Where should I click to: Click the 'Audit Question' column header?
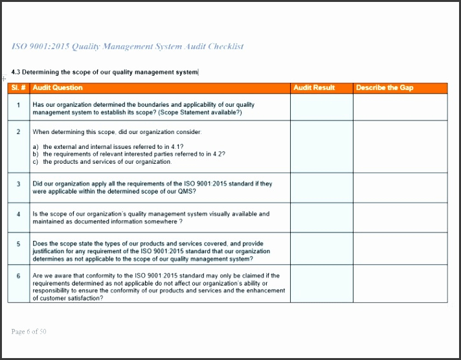pyautogui.click(x=58, y=87)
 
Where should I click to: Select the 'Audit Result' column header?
pyautogui.click(x=314, y=87)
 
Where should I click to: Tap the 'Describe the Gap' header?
pyautogui.click(x=385, y=87)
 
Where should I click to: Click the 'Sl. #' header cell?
pyautogui.click(x=18, y=87)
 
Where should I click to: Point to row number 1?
pyautogui.click(x=18, y=105)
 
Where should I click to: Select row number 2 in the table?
pyautogui.click(x=18, y=131)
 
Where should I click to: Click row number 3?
pyautogui.click(x=18, y=184)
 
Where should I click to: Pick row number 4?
pyautogui.click(x=18, y=214)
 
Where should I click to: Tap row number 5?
pyautogui.click(x=18, y=244)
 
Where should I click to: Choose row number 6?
pyautogui.click(x=18, y=276)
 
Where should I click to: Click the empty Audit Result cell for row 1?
pyautogui.click(x=321, y=107)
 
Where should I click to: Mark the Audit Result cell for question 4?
pyautogui.click(x=321, y=218)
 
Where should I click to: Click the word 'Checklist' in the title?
pyautogui.click(x=224, y=47)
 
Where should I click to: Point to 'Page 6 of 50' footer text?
pyautogui.click(x=28, y=332)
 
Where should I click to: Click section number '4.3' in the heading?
pyautogui.click(x=16, y=72)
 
